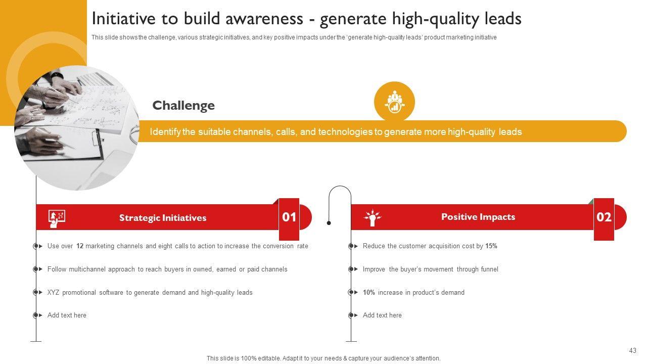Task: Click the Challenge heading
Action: tap(183, 106)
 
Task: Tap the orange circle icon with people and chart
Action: tap(394, 102)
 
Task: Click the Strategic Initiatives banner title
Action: tap(163, 217)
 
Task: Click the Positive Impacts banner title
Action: tap(478, 217)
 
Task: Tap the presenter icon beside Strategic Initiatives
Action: tap(57, 219)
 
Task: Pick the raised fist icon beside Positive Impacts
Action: tap(373, 217)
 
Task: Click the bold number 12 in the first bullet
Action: tap(80, 246)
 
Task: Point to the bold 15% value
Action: tap(491, 246)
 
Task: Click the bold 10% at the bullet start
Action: tap(369, 292)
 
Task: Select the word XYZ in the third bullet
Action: tap(53, 292)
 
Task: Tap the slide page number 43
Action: tap(632, 350)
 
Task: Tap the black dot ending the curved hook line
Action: tap(329, 223)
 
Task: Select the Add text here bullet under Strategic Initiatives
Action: tap(67, 315)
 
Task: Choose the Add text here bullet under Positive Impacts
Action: tap(382, 315)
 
